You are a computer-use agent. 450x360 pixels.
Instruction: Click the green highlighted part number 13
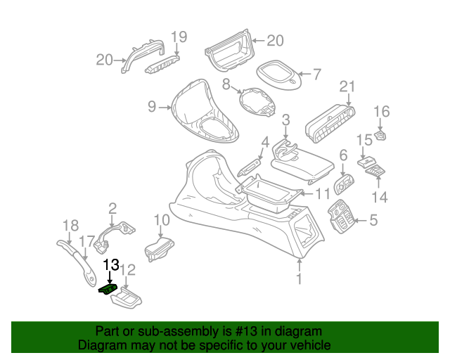click(108, 289)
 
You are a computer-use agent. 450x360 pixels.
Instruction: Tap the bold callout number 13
click(111, 264)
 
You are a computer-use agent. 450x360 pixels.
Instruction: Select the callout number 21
click(347, 86)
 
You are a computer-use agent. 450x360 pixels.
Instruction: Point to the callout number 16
click(382, 112)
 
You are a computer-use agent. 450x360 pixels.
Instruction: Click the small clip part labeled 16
click(380, 136)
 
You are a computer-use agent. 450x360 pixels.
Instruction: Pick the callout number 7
click(316, 75)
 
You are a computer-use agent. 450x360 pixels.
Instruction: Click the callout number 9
click(152, 106)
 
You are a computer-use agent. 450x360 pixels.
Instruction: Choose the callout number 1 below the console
click(299, 278)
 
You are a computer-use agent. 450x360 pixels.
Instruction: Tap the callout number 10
click(162, 220)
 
